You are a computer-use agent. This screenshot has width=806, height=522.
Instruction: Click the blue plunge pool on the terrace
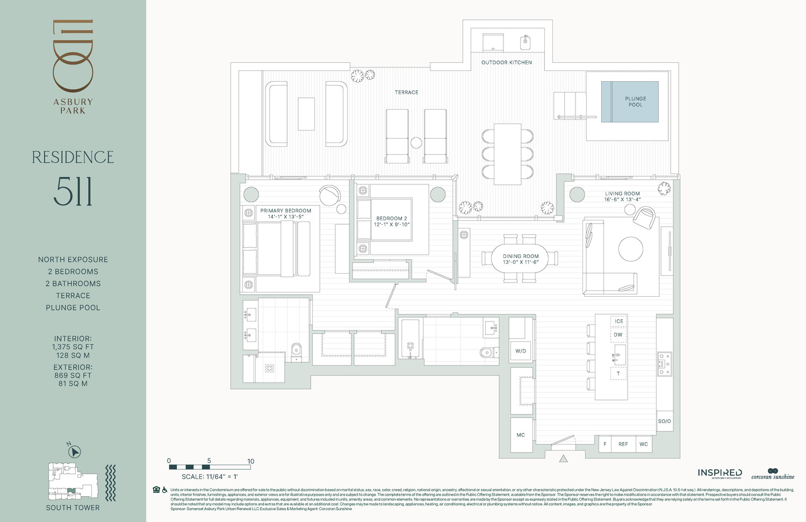[630, 102]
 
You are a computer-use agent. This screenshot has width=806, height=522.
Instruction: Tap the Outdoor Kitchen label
[506, 62]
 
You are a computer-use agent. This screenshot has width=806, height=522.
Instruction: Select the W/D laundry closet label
[521, 351]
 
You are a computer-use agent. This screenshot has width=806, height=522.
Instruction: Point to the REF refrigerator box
[623, 444]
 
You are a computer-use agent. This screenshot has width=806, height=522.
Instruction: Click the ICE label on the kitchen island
[619, 321]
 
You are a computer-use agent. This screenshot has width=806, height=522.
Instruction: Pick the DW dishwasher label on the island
[618, 335]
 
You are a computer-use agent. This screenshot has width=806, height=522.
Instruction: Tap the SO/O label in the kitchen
[665, 421]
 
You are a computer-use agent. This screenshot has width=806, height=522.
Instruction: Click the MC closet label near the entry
[521, 435]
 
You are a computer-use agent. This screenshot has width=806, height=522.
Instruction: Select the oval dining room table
[521, 259]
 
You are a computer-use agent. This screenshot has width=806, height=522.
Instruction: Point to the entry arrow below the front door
[563, 459]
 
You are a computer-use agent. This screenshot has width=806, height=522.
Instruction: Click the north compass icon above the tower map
[75, 452]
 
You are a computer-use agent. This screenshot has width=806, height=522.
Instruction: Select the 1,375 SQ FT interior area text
[73, 347]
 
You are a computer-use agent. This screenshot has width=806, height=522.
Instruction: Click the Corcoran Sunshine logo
[773, 474]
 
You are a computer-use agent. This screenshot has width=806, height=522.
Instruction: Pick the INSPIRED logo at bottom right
[719, 473]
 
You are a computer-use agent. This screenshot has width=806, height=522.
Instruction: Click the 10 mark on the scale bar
[250, 461]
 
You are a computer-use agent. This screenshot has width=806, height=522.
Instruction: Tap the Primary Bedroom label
[285, 211]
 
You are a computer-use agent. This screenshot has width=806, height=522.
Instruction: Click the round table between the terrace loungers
[416, 143]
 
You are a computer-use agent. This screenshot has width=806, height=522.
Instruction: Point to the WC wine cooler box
[644, 444]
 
